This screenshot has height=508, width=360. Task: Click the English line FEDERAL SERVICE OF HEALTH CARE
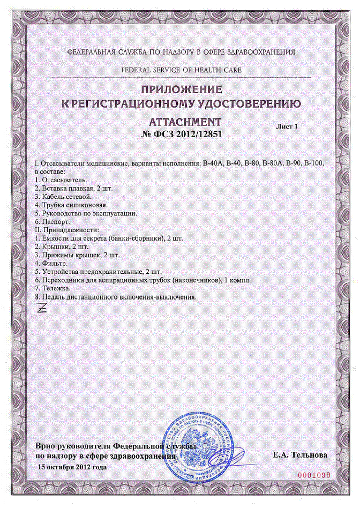pos(181,70)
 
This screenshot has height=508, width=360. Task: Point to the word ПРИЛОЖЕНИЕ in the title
pos(181,89)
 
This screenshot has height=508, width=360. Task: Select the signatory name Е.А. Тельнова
pos(300,455)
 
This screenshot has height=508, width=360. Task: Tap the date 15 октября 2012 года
pos(72,467)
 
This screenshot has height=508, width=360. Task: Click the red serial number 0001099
pos(315,475)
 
